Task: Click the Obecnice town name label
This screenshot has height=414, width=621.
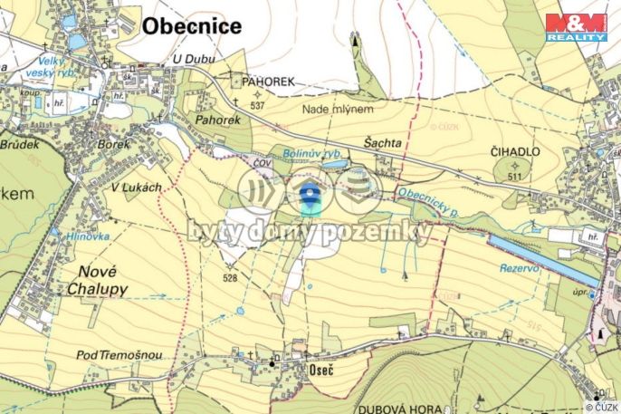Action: tap(192, 25)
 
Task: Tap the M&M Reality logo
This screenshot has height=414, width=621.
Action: tap(576, 27)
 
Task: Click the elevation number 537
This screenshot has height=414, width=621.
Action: tap(257, 106)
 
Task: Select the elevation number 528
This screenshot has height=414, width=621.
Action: tap(229, 278)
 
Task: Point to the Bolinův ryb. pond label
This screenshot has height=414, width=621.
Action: tap(310, 154)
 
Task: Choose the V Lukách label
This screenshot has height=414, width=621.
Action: tap(136, 187)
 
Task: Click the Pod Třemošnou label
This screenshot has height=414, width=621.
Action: tap(119, 355)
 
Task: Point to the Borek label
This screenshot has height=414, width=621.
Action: tap(114, 143)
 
